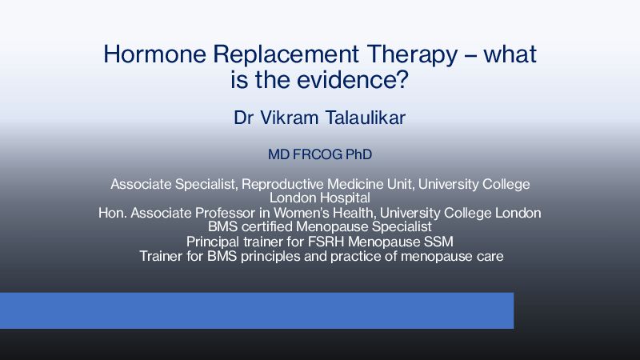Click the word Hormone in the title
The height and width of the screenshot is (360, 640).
(154, 54)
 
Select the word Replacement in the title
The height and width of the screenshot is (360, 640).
(286, 54)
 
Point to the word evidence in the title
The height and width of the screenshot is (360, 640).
(353, 79)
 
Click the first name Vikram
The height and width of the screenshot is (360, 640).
(289, 118)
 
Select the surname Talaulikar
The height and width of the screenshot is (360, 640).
(366, 118)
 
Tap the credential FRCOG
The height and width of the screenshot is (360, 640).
(318, 154)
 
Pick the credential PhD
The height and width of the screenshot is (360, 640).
(358, 154)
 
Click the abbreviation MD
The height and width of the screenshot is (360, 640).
(278, 154)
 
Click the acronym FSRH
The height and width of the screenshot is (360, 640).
(326, 242)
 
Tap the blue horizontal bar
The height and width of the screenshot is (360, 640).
(257, 310)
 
